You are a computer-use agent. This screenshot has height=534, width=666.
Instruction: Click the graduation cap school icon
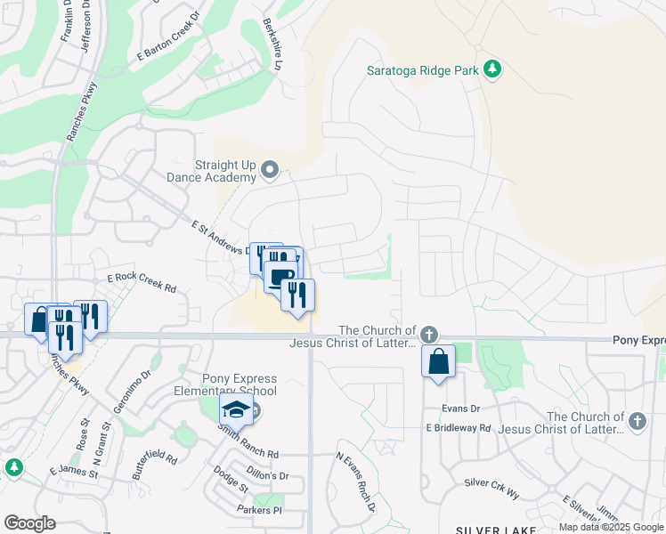point(236,409)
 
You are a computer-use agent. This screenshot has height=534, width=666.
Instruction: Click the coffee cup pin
point(280,276)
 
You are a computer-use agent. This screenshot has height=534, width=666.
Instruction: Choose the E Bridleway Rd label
point(459,427)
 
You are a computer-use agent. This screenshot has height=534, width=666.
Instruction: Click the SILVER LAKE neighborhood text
point(496,529)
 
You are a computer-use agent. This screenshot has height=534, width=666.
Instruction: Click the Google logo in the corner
point(30,522)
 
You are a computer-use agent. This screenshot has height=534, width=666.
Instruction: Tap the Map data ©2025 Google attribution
point(611,527)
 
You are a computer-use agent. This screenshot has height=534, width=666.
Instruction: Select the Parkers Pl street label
point(258,510)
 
